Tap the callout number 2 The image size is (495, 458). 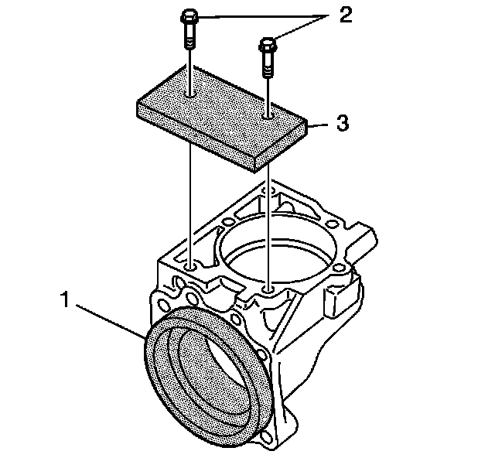(x=344, y=16)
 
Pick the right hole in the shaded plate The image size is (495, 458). (x=268, y=117)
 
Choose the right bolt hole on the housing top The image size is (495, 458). (x=268, y=290)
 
